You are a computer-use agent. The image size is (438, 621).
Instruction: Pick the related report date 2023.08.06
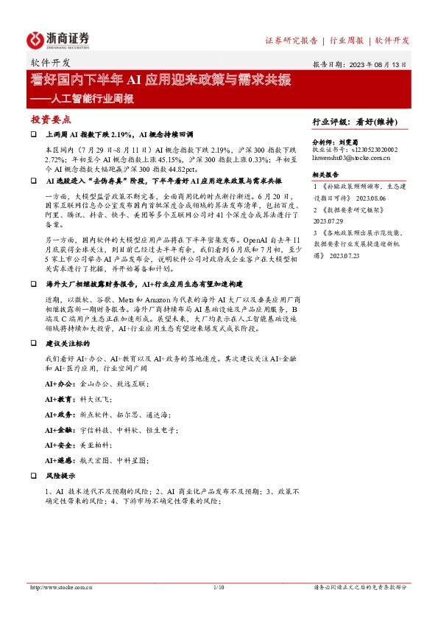point(378,198)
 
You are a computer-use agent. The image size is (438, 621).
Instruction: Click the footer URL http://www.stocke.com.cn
point(60,587)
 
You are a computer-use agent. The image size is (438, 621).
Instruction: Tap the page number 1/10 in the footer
point(218,587)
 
